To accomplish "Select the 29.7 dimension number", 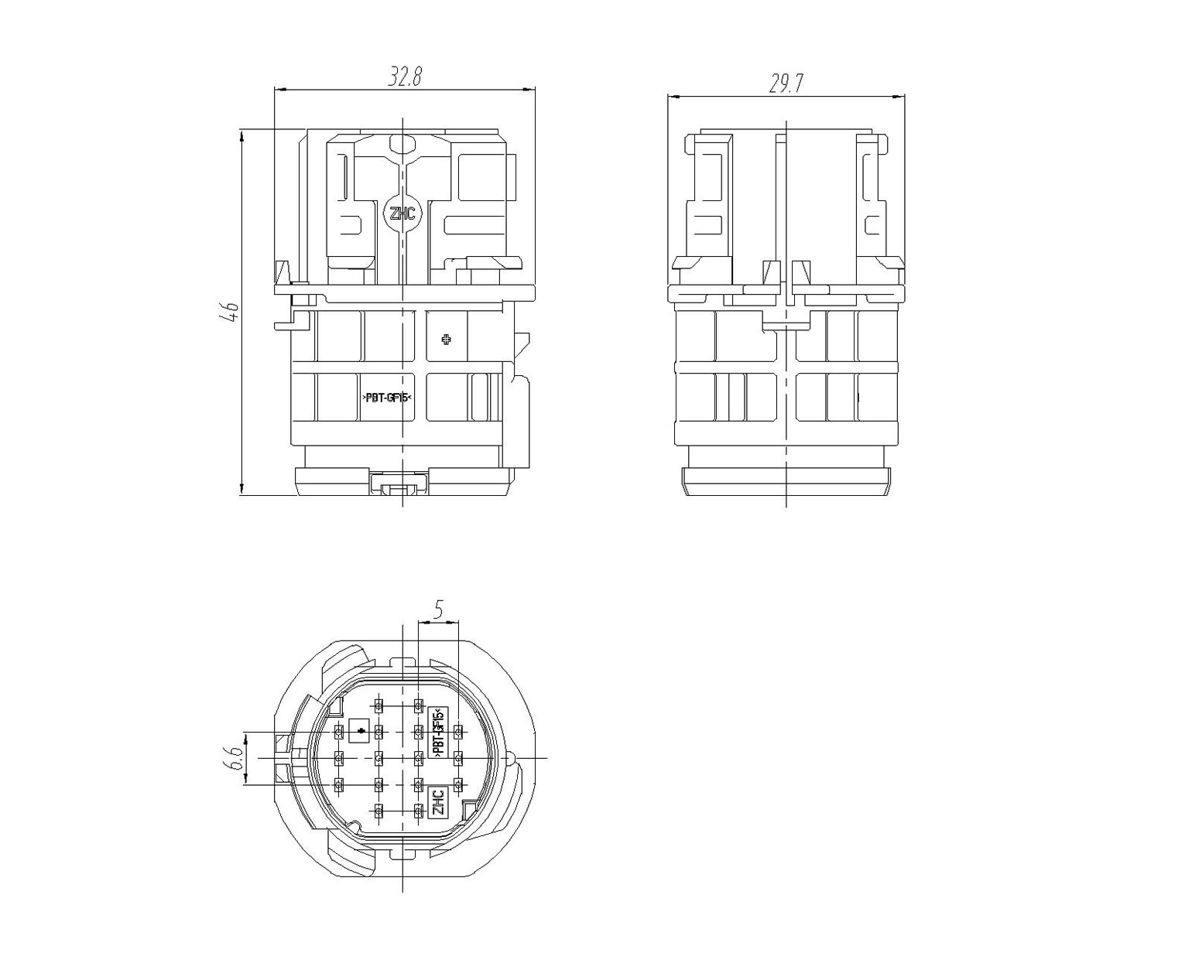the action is click(786, 84).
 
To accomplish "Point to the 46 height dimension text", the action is click(229, 313).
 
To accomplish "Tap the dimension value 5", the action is click(439, 610).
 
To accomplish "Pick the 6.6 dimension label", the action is click(235, 758).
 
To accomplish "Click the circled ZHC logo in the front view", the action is click(402, 213).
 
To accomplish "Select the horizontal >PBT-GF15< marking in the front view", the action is click(388, 398).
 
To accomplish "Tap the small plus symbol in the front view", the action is click(447, 340).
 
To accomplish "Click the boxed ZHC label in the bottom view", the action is click(438, 802).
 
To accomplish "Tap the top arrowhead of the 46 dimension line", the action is click(241, 135).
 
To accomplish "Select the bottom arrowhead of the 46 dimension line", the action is click(241, 488).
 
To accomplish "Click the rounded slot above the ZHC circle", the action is click(402, 143).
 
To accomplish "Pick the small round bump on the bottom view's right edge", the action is click(512, 757).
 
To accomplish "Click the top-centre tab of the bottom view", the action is click(402, 661).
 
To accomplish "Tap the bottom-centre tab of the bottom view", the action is click(402, 855).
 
